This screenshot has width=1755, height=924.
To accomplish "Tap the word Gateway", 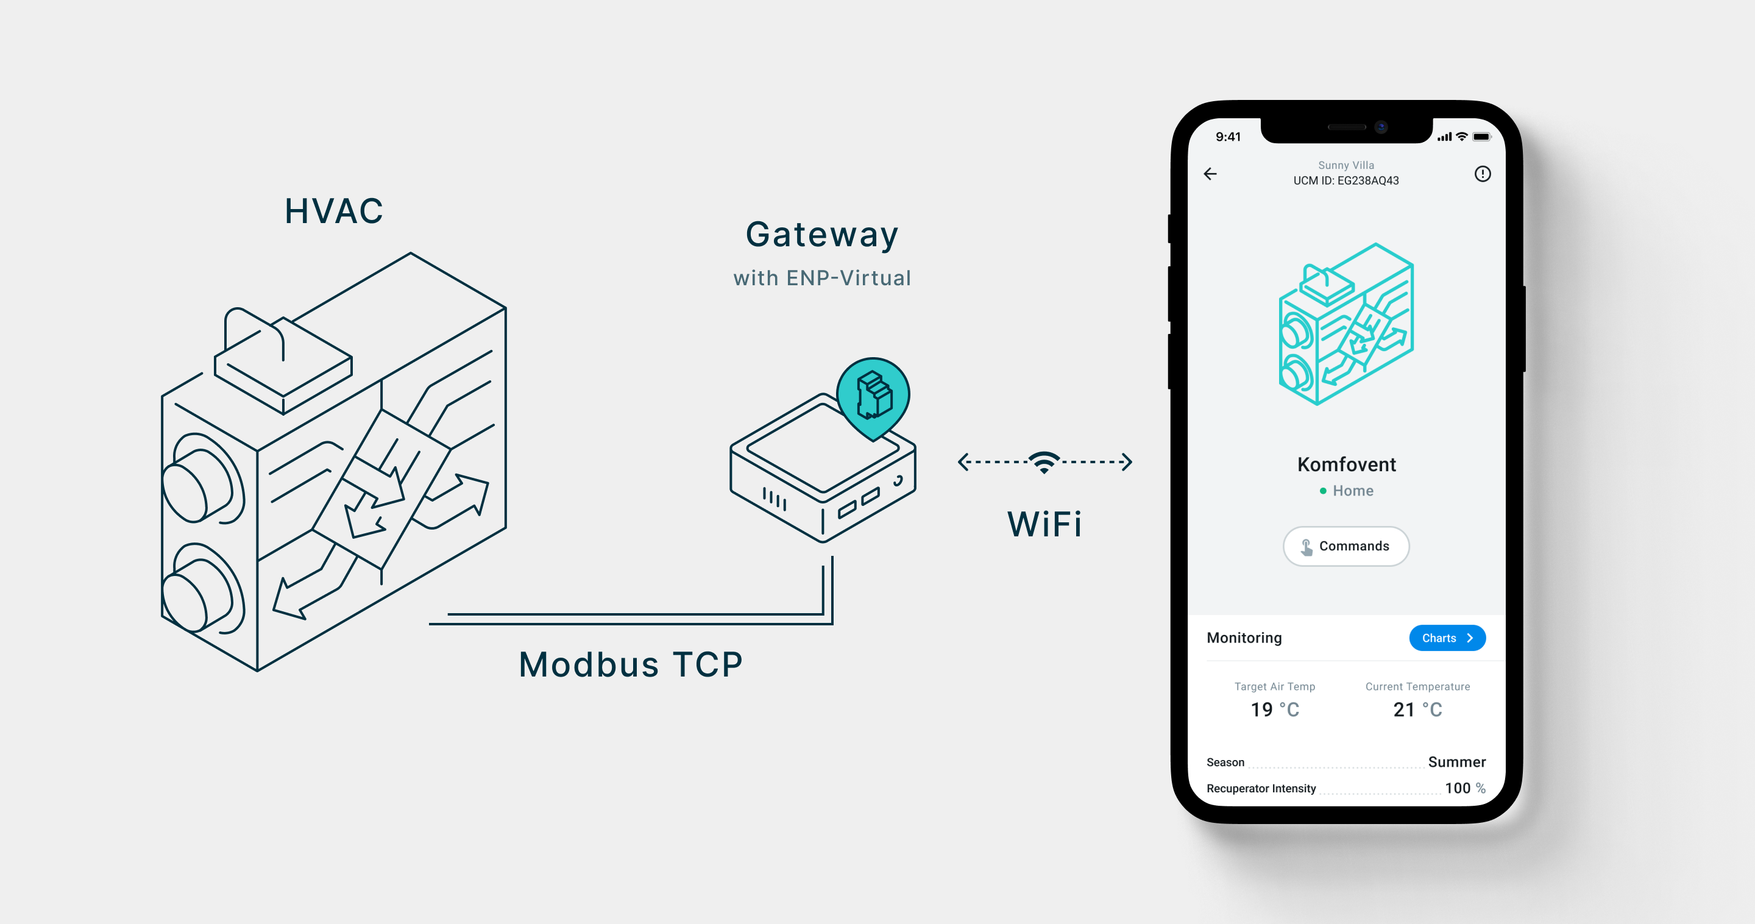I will coord(821,235).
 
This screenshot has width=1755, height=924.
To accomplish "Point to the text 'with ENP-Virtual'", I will coord(821,278).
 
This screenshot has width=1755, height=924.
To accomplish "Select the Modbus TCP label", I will coord(630,664).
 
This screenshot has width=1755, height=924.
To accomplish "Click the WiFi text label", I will coord(1044,524).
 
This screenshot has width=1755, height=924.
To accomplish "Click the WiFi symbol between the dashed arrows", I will coord(1044,462).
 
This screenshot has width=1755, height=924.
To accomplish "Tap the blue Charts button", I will coord(1447,638).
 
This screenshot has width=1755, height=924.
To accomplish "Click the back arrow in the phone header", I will coord(1210,174).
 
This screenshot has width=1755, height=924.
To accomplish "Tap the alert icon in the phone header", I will coord(1483,174).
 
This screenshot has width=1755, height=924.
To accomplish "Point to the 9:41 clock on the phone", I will coord(1228,137).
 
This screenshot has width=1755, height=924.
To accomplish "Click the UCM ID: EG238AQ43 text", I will coord(1345,180).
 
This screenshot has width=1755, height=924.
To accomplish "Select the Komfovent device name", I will coord(1346,464).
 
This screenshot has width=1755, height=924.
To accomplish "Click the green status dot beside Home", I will coord(1323,491).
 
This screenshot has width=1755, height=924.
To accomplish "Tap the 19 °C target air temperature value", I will coord(1275,709).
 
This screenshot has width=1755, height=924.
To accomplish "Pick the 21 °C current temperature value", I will coord(1417,709).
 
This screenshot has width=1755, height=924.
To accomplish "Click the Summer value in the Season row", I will coord(1456,762).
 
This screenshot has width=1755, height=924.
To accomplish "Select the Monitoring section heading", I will coord(1244,638).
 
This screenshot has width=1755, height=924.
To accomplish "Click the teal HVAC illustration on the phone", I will coord(1346,324).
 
